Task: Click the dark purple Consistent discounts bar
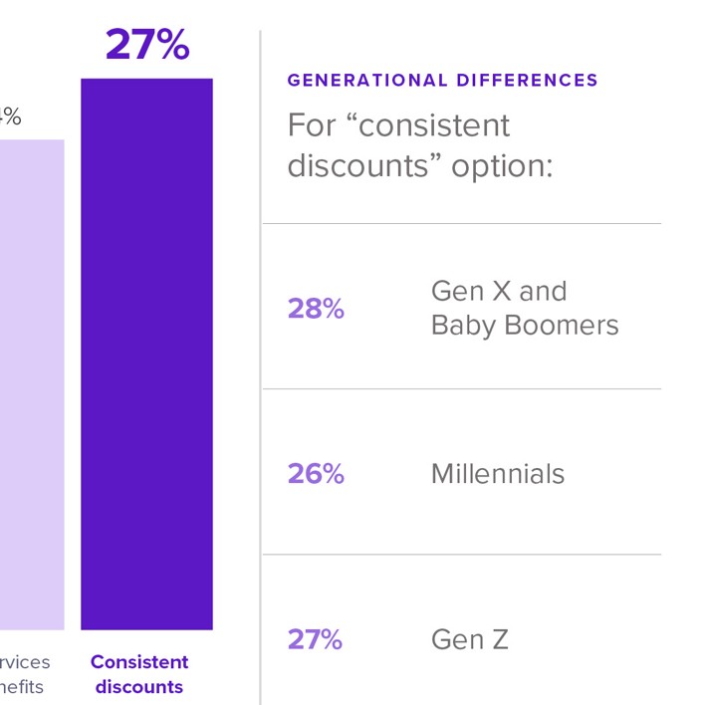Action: click(x=146, y=353)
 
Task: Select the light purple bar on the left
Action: click(x=32, y=384)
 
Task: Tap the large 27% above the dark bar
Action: click(x=146, y=45)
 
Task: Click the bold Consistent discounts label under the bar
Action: click(x=139, y=674)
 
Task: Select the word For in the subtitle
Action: click(x=311, y=125)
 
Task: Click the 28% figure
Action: click(x=316, y=309)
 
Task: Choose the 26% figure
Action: click(x=316, y=474)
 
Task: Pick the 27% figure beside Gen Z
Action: click(x=315, y=639)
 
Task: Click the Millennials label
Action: click(x=497, y=474)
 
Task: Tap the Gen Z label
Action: click(x=469, y=639)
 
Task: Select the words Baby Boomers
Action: click(x=525, y=326)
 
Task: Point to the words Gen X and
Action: click(x=498, y=291)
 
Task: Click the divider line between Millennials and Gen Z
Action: click(x=461, y=554)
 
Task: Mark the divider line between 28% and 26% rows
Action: click(x=461, y=388)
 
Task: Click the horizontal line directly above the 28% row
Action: click(x=461, y=223)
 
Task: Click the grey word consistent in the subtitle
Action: click(x=434, y=125)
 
